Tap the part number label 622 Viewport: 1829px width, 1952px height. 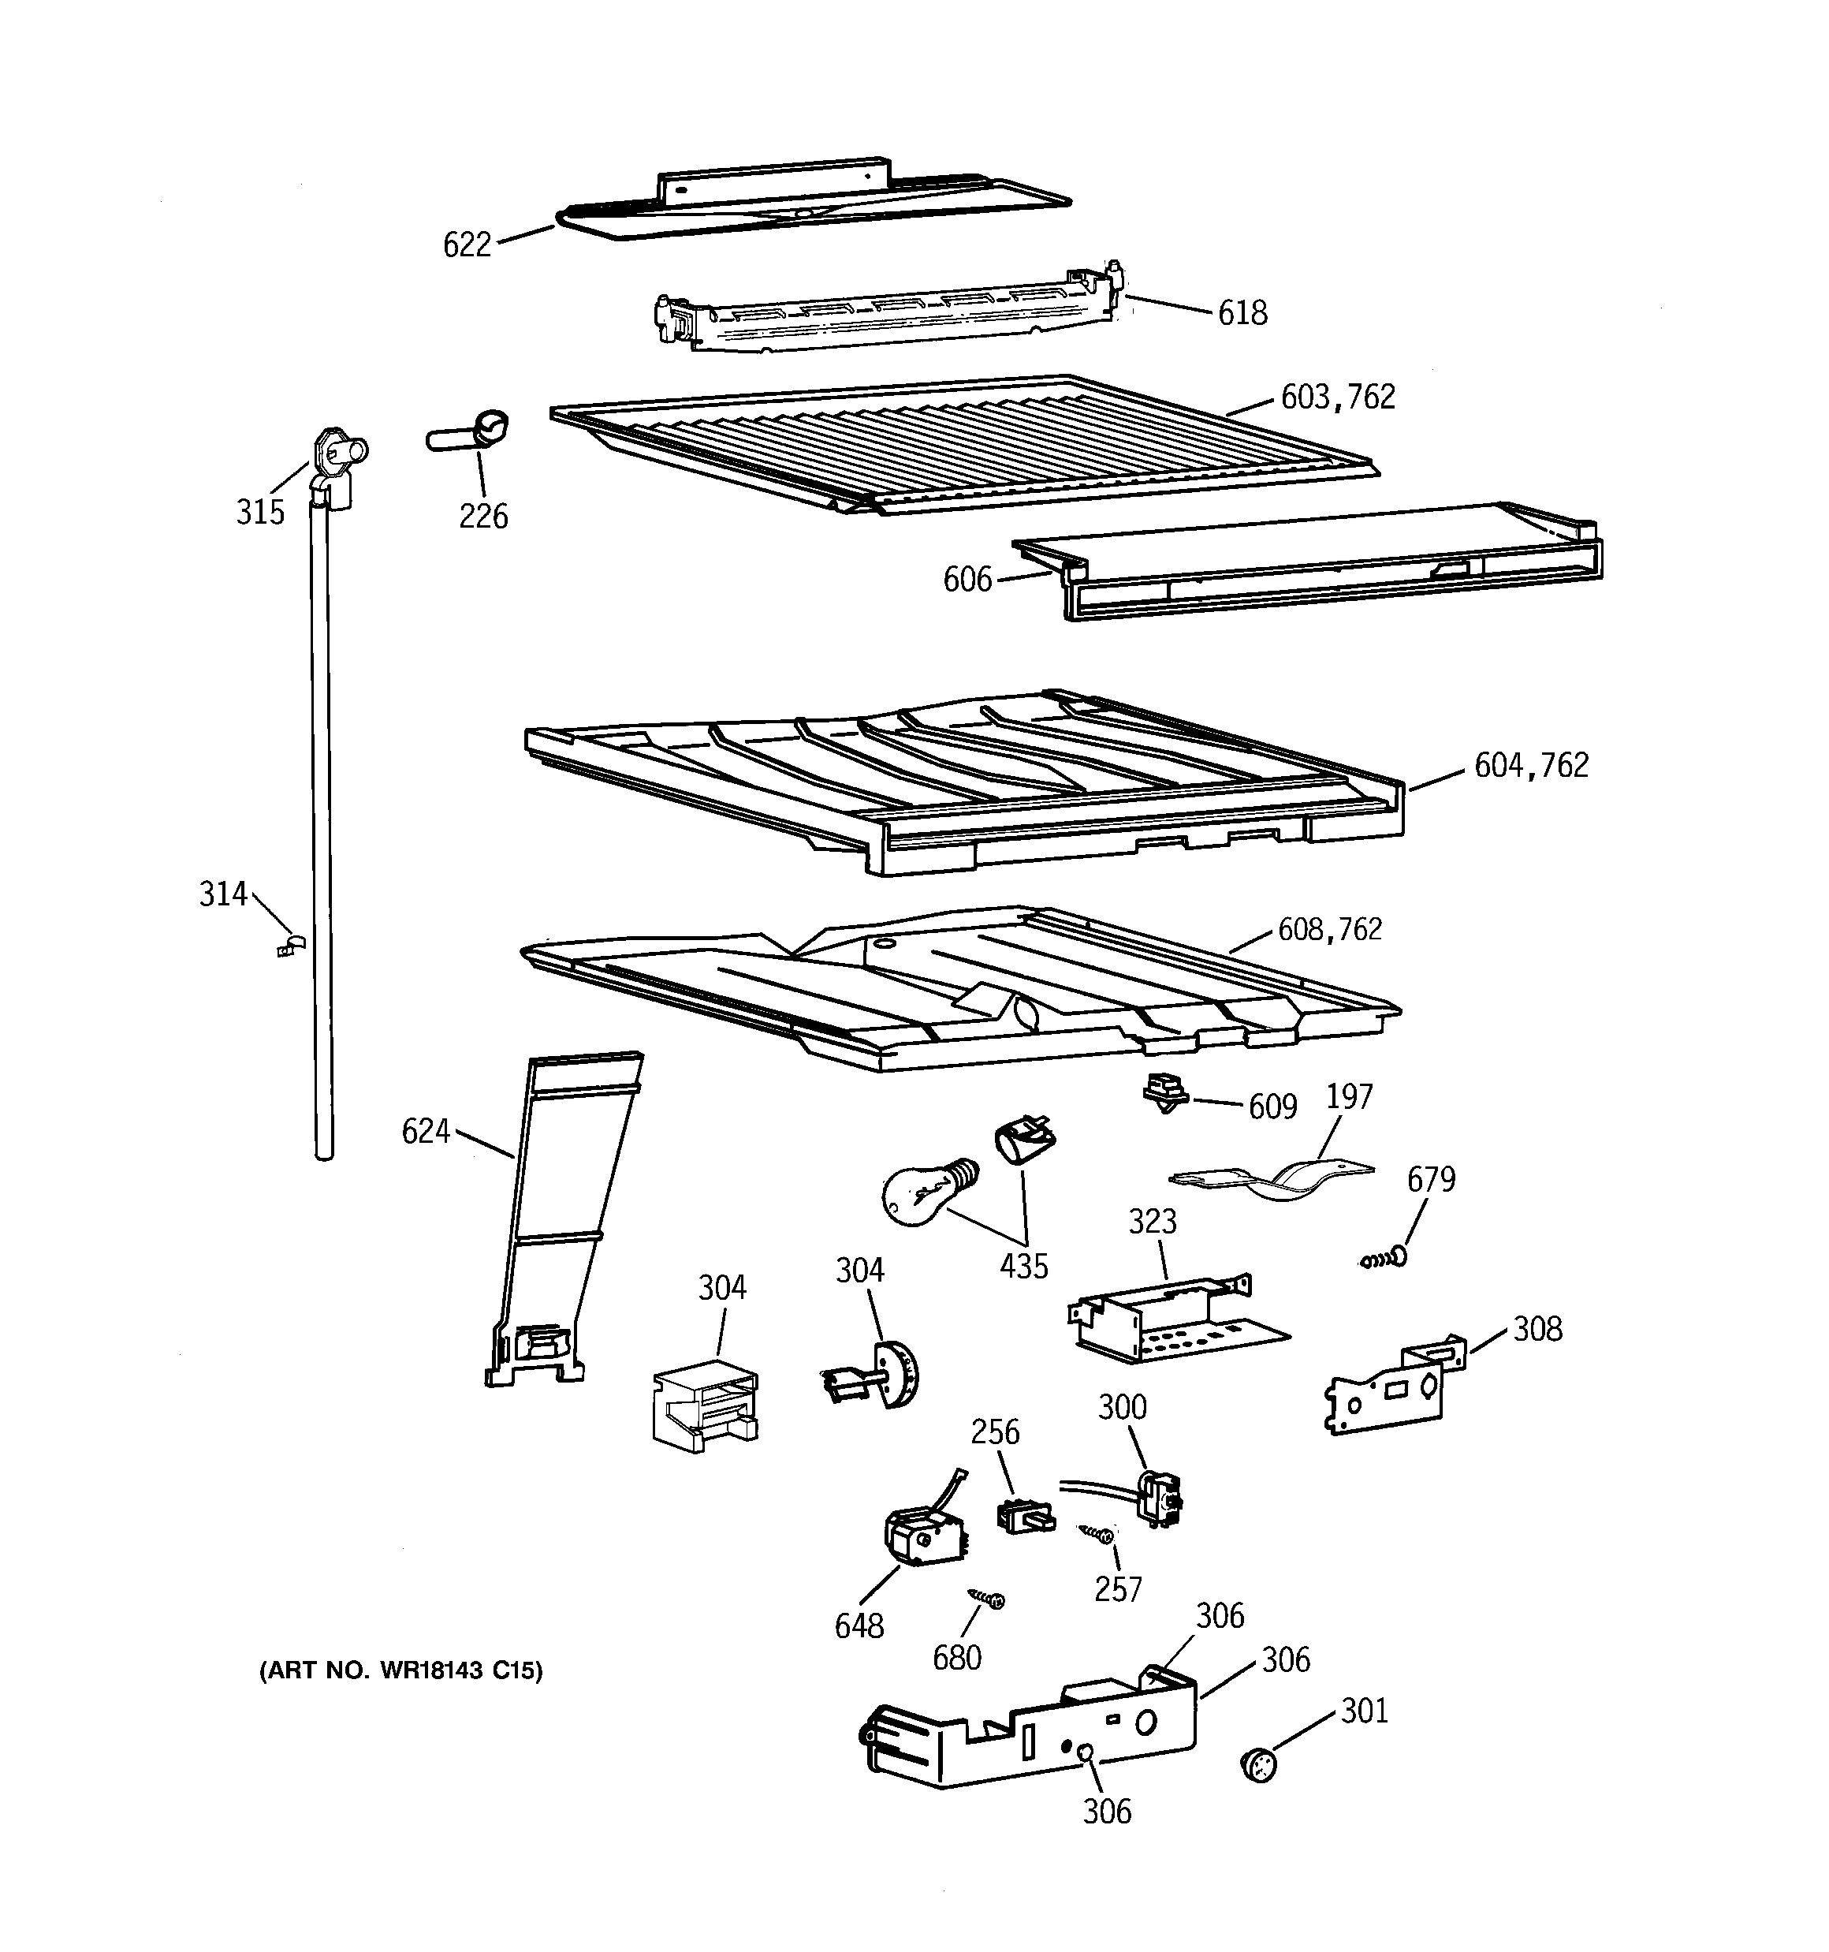tap(467, 244)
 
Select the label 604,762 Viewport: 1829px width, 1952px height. tap(1530, 766)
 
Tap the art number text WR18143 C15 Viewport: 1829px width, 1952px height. tap(400, 1671)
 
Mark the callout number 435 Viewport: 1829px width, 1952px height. tap(1024, 1267)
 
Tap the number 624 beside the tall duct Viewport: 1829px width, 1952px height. tap(425, 1132)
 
